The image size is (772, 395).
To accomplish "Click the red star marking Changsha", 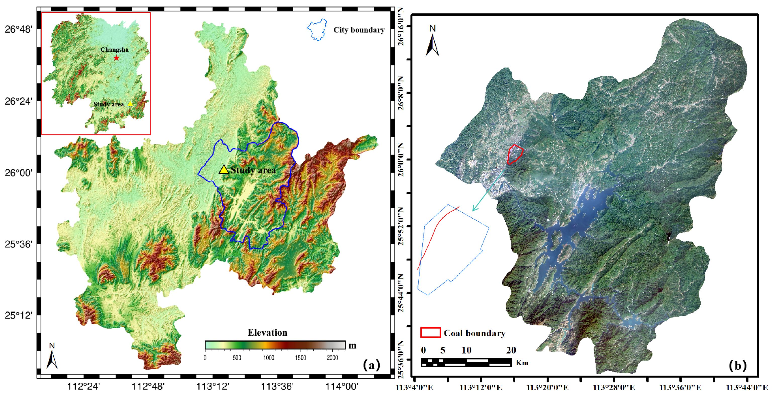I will [116, 58].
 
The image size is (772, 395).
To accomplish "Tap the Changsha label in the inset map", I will [115, 50].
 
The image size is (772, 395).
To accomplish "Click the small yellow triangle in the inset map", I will [130, 104].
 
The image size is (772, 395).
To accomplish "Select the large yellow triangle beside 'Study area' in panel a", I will [224, 170].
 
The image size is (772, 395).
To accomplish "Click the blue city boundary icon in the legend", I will [317, 30].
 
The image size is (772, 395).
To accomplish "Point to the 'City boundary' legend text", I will [359, 30].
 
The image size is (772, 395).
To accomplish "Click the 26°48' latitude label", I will [18, 29].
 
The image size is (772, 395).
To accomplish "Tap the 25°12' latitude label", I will [18, 315].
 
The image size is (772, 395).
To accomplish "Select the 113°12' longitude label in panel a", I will [213, 386].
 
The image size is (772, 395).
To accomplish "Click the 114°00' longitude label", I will [342, 386].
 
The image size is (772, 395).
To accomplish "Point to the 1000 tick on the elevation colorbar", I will [269, 358].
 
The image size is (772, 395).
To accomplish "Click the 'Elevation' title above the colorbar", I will [267, 332].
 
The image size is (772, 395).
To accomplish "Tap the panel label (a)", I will [371, 365].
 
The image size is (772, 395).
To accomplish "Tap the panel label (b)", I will [738, 365].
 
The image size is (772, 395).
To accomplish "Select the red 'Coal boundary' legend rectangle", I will [430, 332].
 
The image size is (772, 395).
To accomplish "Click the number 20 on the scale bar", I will [511, 350].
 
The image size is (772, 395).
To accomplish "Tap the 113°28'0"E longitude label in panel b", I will [613, 387].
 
